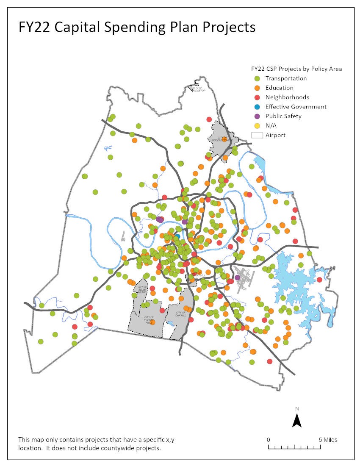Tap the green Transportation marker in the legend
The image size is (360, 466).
[257, 78]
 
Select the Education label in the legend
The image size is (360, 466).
[279, 88]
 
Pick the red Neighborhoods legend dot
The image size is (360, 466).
[257, 97]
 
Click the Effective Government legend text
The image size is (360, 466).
[296, 107]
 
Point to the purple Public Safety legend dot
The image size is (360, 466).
[257, 116]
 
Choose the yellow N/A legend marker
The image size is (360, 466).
[257, 126]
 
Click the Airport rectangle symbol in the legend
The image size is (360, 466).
[257, 135]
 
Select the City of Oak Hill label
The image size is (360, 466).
[181, 314]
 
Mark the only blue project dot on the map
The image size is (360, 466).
[177, 236]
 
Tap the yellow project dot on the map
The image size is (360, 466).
[160, 248]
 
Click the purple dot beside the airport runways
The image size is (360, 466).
[237, 277]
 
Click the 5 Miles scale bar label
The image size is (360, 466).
[328, 439]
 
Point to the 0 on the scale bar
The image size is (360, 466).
[268, 439]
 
